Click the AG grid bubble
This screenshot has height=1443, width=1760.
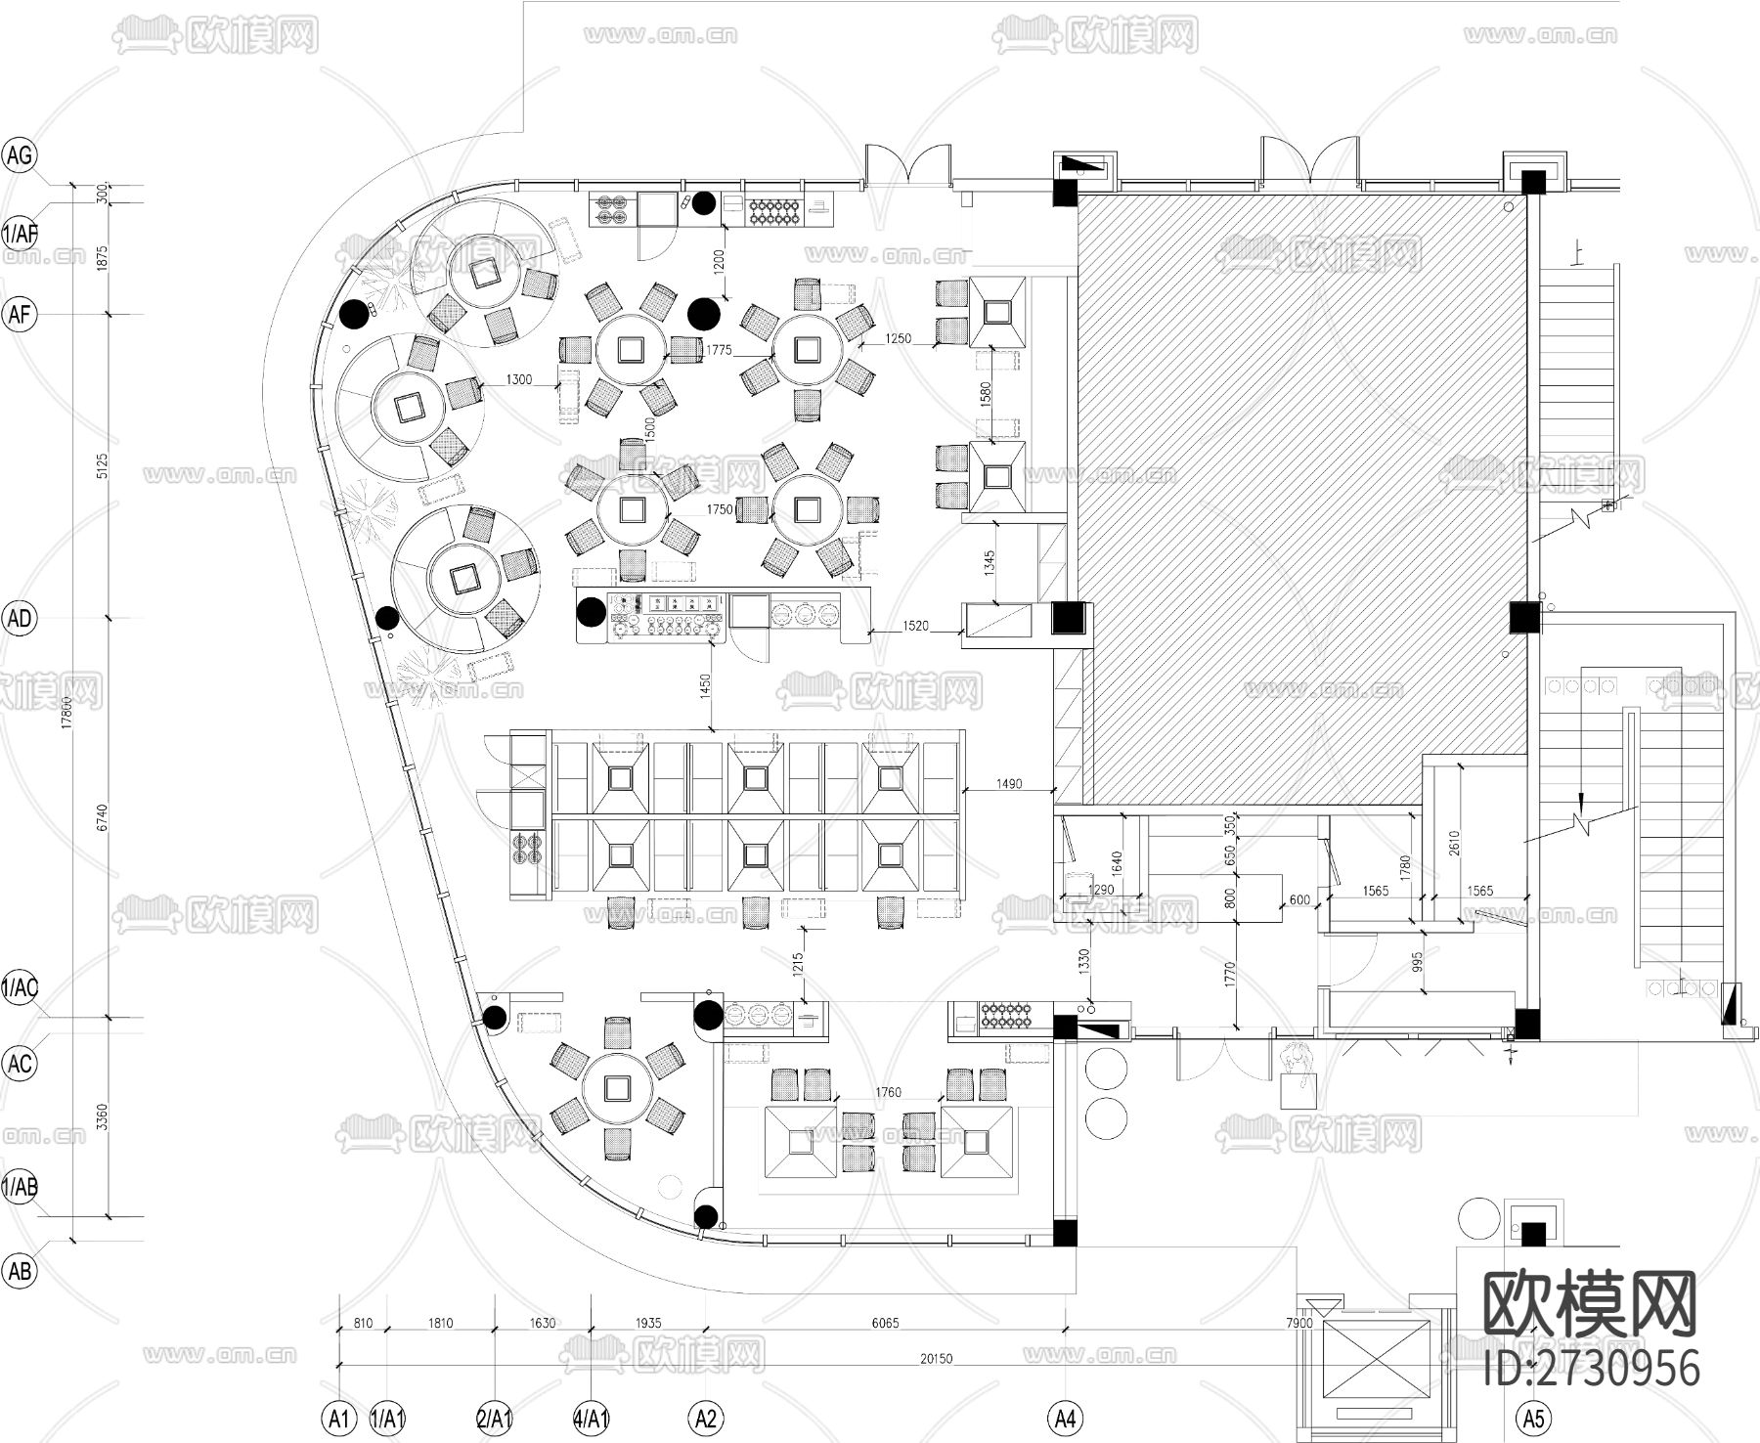20,155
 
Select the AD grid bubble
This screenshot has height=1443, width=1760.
20,619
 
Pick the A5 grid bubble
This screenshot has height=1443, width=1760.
1533,1417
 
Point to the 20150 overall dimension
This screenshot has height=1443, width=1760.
936,1358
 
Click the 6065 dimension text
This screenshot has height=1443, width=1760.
885,1323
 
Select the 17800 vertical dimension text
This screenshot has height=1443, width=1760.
66,712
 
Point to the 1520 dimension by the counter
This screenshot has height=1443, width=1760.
916,626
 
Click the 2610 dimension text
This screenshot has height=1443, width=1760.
1454,843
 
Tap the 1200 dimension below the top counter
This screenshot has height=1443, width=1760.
719,260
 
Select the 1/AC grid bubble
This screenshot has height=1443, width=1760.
20,987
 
